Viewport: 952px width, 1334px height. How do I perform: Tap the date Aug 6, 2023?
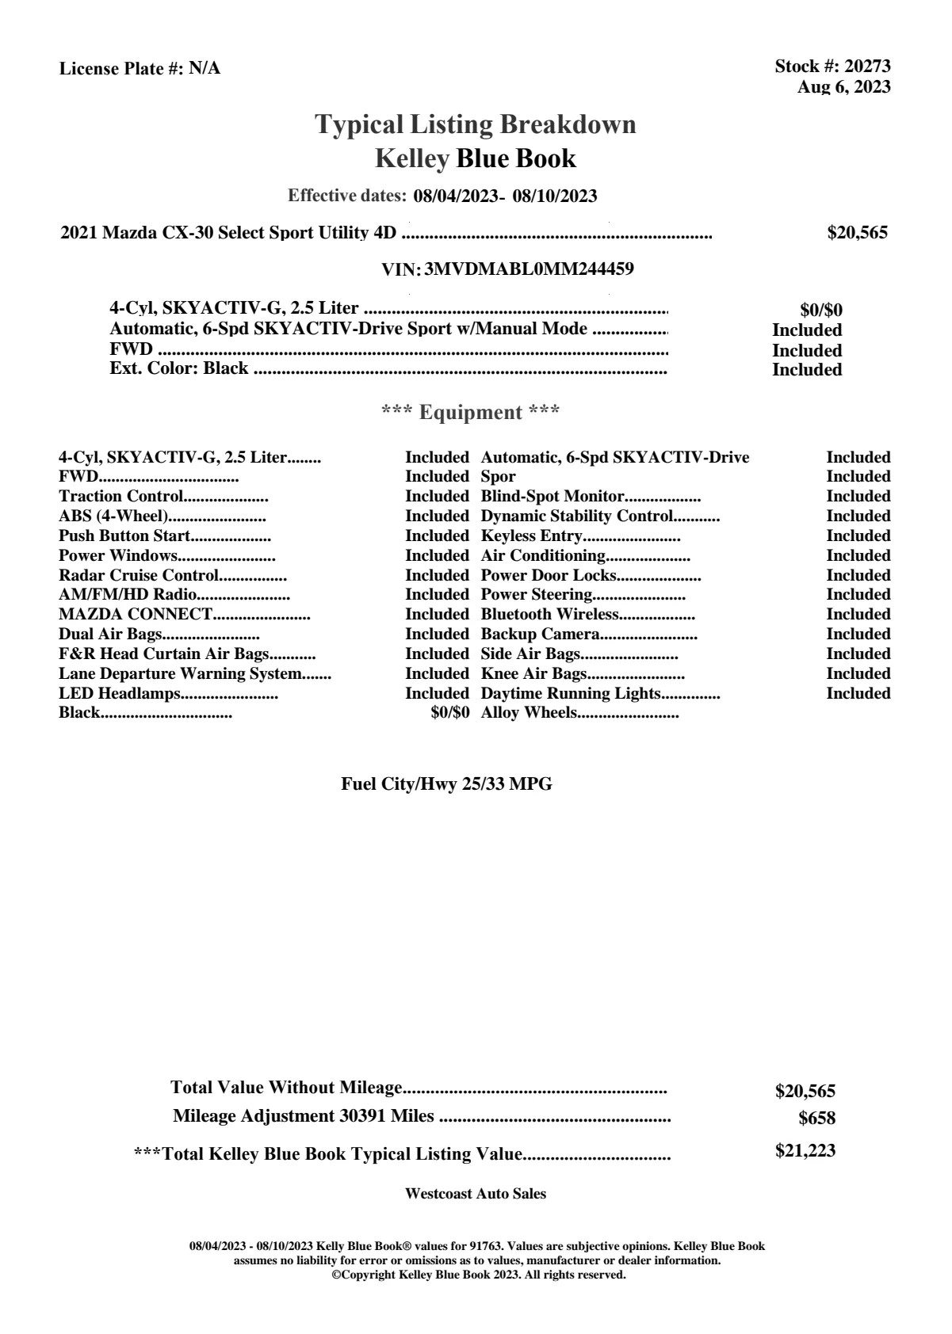[x=843, y=87]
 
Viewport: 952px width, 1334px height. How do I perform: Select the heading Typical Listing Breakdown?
[x=476, y=124]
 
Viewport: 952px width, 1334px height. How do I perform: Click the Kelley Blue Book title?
[x=476, y=158]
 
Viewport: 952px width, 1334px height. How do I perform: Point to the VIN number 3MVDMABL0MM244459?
[x=529, y=269]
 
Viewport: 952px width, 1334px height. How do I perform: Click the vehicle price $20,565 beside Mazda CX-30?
[x=857, y=233]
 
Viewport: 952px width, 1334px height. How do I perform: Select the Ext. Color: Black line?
[x=179, y=369]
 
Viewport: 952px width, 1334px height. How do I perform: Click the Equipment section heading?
[x=471, y=413]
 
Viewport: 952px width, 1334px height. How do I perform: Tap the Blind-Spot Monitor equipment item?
[x=552, y=497]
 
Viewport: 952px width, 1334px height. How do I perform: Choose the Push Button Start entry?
[x=124, y=536]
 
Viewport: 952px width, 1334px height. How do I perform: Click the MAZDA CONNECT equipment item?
[x=136, y=615]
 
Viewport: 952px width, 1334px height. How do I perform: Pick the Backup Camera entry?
[x=540, y=635]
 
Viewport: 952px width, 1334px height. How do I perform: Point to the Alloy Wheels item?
[x=529, y=713]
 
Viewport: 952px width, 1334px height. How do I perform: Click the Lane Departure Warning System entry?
[x=181, y=674]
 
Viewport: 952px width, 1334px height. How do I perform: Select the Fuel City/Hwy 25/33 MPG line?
[x=446, y=784]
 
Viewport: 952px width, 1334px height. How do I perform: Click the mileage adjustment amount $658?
[x=816, y=1119]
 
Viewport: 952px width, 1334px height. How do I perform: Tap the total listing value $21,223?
[x=805, y=1151]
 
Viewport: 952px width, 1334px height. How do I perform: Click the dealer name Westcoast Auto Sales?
[x=475, y=1194]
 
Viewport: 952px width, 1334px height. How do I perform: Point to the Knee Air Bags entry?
[x=533, y=674]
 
